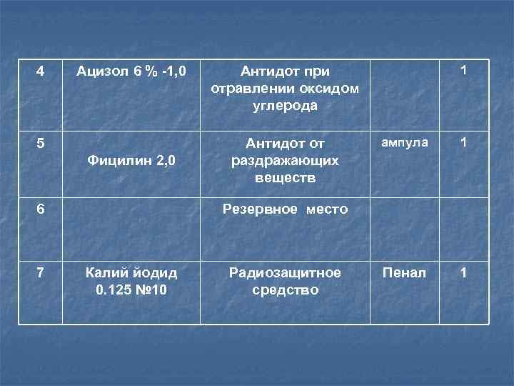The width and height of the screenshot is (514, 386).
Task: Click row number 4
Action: coord(40,71)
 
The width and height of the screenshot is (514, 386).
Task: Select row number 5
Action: coord(40,142)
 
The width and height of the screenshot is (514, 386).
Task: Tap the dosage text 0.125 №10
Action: coord(131,291)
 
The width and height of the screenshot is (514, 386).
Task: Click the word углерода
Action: coord(285,106)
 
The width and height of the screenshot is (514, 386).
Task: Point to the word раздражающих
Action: coord(285,160)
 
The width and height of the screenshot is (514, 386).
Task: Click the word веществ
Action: coord(285,177)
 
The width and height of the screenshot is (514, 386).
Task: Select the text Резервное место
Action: coord(285,209)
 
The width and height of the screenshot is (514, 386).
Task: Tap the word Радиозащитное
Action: coord(285,272)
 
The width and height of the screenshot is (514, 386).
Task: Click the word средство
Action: coord(285,291)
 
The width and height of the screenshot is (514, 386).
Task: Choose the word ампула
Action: coord(404,142)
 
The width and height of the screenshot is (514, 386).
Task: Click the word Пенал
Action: coord(404,272)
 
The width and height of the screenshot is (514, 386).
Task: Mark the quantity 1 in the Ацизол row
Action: coord(464,71)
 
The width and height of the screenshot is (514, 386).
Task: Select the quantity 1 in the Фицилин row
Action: coord(464,142)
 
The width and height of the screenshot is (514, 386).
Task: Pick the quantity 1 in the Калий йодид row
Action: coord(464,272)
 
